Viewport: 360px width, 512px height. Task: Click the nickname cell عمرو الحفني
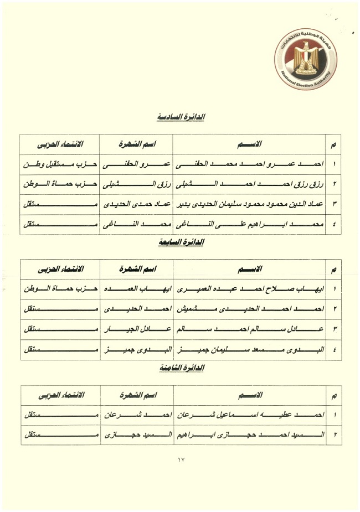[x=136, y=164]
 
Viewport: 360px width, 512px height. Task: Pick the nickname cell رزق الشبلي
[x=136, y=184]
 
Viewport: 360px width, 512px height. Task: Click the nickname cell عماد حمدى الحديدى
[x=136, y=204]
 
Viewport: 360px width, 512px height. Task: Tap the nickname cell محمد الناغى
[x=136, y=224]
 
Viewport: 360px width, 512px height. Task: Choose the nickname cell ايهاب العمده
[x=136, y=289]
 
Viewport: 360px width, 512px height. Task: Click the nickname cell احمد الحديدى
[x=136, y=309]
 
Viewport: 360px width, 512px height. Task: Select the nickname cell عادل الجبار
[x=136, y=329]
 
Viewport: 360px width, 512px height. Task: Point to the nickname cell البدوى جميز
[x=136, y=349]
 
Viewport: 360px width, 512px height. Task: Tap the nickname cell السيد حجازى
[x=136, y=435]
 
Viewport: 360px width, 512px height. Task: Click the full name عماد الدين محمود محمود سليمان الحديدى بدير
[x=252, y=204]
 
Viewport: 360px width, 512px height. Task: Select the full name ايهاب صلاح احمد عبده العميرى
[x=252, y=289]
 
